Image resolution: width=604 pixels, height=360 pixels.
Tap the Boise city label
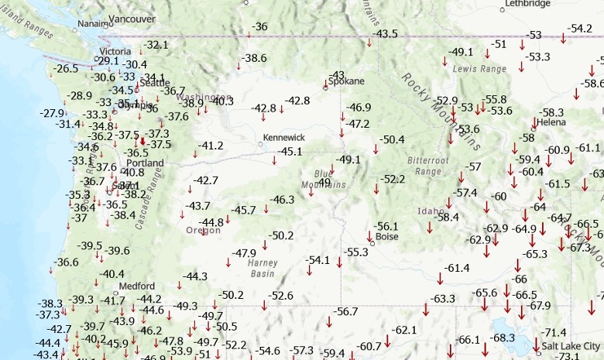(386, 237)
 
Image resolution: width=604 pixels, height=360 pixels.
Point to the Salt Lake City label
(571, 345)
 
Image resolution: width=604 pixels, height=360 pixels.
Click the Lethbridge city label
(527, 4)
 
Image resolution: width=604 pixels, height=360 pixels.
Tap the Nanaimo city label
(94, 24)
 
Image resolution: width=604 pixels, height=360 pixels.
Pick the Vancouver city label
(132, 18)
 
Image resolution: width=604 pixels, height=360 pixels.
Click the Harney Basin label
(262, 268)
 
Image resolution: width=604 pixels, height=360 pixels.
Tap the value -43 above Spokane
(337, 74)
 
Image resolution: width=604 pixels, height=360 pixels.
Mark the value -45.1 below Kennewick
(290, 151)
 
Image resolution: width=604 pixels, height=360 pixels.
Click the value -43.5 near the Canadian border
(386, 34)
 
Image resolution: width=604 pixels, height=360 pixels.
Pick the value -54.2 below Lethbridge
(579, 29)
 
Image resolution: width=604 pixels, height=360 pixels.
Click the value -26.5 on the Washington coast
(66, 68)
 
